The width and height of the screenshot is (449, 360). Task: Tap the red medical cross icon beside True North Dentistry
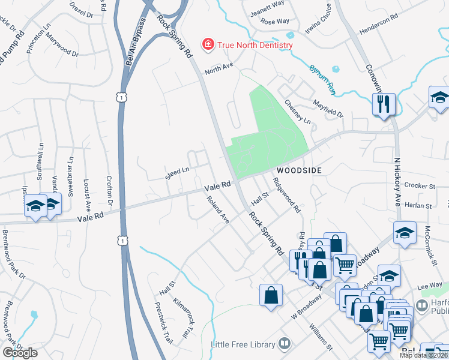click(x=208, y=44)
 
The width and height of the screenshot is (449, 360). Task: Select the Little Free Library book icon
click(x=285, y=344)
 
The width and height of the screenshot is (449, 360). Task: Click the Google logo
click(x=20, y=353)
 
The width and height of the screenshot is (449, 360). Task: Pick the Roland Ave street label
click(x=218, y=210)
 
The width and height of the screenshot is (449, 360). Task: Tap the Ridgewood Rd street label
click(x=286, y=195)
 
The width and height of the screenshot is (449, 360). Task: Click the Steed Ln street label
click(x=177, y=174)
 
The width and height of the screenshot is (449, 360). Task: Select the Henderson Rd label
click(x=379, y=26)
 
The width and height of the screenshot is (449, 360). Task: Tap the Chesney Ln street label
click(x=298, y=112)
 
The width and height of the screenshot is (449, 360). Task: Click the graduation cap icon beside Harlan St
click(x=405, y=233)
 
